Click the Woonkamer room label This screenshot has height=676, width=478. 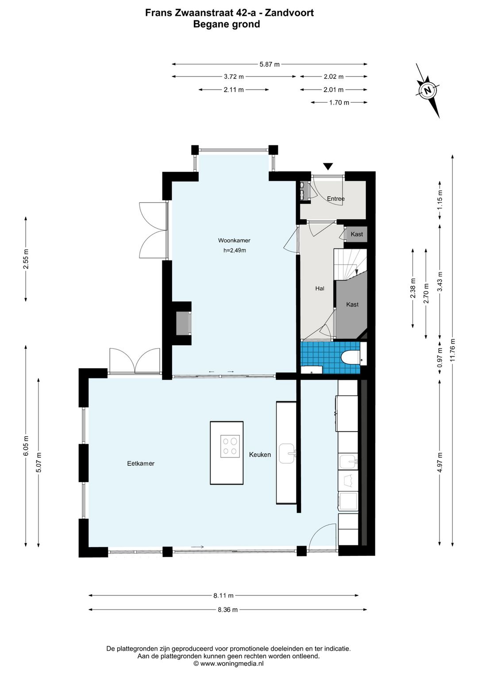[234, 241]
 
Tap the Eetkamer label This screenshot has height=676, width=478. [141, 463]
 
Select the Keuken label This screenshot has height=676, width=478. [260, 455]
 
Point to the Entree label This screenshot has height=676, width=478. [335, 198]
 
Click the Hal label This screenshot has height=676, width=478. [320, 288]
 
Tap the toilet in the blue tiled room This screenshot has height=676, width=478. [350, 357]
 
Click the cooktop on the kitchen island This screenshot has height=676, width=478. [230, 446]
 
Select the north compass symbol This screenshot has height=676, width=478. [428, 90]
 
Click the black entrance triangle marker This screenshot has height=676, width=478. [328, 166]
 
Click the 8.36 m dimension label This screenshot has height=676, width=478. [227, 610]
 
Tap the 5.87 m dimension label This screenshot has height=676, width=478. [270, 64]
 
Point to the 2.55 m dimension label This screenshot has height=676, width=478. [26, 259]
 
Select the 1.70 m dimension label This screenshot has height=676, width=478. [339, 103]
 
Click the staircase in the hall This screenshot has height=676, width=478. [350, 264]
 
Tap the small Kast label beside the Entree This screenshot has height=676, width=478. [357, 234]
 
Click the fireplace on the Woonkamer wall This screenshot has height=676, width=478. [184, 323]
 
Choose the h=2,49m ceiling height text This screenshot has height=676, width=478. [235, 250]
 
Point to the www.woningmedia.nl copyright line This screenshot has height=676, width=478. [228, 663]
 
